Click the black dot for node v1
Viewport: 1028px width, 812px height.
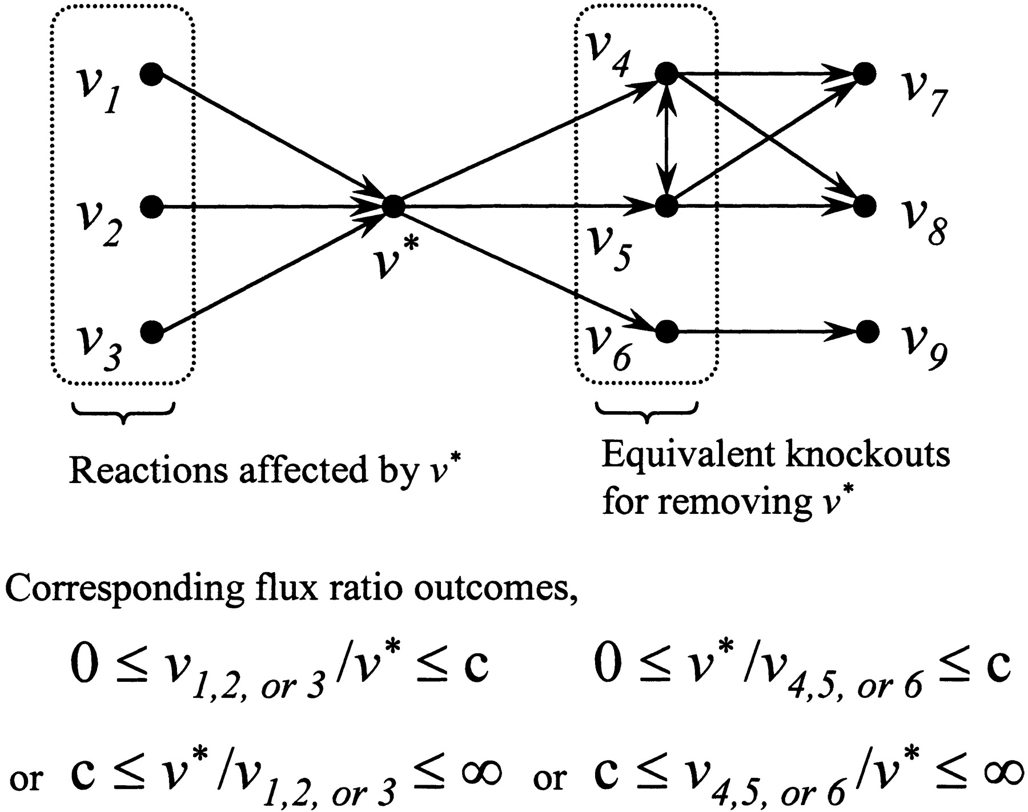151,74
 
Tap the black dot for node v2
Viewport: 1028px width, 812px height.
151,206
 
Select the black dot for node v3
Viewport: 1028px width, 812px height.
151,332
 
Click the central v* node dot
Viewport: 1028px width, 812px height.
393,206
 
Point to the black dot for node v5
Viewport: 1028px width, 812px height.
666,206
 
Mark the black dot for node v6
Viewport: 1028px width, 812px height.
666,331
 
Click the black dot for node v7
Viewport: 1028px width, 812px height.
865,74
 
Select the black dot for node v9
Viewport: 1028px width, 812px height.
868,331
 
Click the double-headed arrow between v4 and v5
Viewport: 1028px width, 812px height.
666,140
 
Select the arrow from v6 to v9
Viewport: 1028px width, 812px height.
765,331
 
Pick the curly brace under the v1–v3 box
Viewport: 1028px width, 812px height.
123,413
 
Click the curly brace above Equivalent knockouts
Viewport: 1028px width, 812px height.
646,413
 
